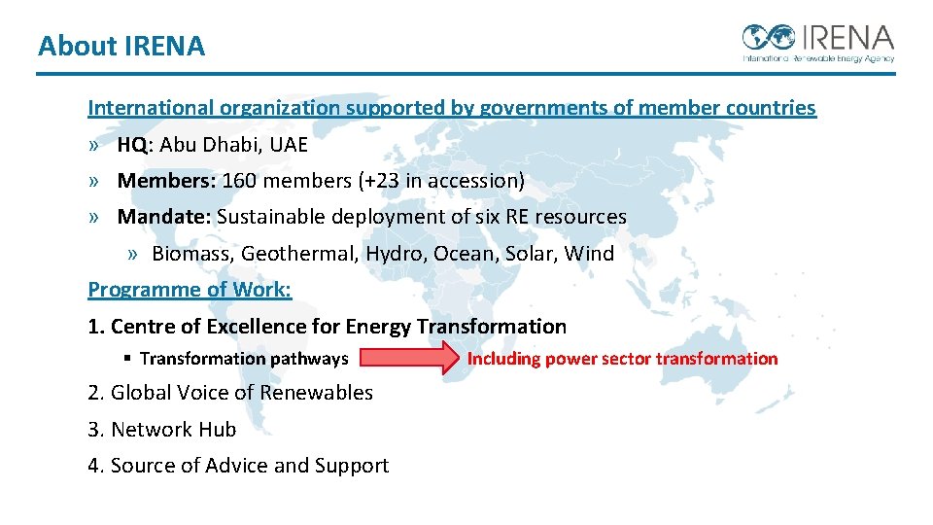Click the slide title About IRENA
coord(121,46)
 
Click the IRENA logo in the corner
coord(817,42)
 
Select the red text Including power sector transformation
coord(622,359)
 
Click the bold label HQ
coord(132,145)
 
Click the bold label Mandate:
coord(163,217)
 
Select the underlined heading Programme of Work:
coord(190,290)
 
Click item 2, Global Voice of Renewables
coord(230,393)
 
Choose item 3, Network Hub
coord(162,430)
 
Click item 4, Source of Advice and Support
coord(238,466)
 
